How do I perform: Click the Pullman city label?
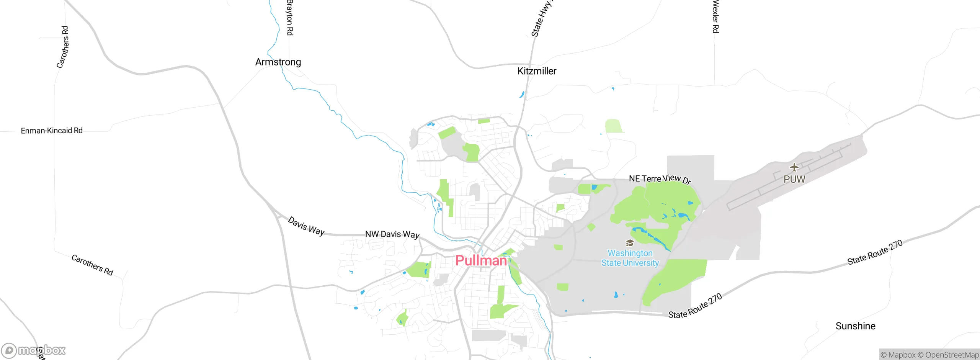tap(481, 261)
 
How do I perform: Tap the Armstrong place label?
tap(278, 62)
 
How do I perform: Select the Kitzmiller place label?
tap(537, 71)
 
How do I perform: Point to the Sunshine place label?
tap(855, 326)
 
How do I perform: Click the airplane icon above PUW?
tap(794, 167)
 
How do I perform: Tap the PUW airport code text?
tap(794, 179)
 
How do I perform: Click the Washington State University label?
tap(630, 258)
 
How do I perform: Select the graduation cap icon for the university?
tap(629, 243)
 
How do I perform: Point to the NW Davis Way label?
tap(392, 234)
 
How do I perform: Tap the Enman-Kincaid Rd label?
tap(52, 131)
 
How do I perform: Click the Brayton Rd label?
tap(290, 18)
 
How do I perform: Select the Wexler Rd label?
tap(715, 17)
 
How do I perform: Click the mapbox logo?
tap(34, 350)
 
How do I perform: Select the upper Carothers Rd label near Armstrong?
tap(63, 47)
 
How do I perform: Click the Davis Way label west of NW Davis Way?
tap(306, 226)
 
